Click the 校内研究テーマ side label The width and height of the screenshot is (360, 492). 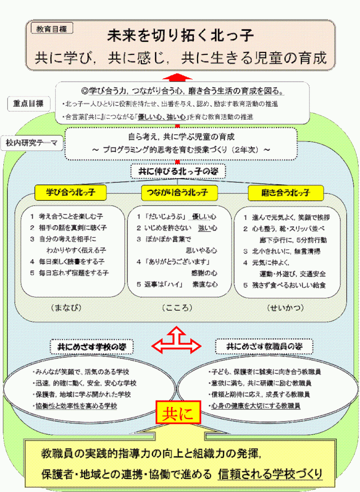32,143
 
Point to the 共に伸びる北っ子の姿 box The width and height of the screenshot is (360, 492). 179,171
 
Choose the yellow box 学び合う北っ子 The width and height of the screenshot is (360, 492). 70,193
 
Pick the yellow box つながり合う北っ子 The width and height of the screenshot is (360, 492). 179,193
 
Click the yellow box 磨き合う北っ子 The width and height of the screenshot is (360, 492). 286,193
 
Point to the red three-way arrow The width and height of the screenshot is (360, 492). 176,342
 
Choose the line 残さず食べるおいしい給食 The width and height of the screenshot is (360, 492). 287,285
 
